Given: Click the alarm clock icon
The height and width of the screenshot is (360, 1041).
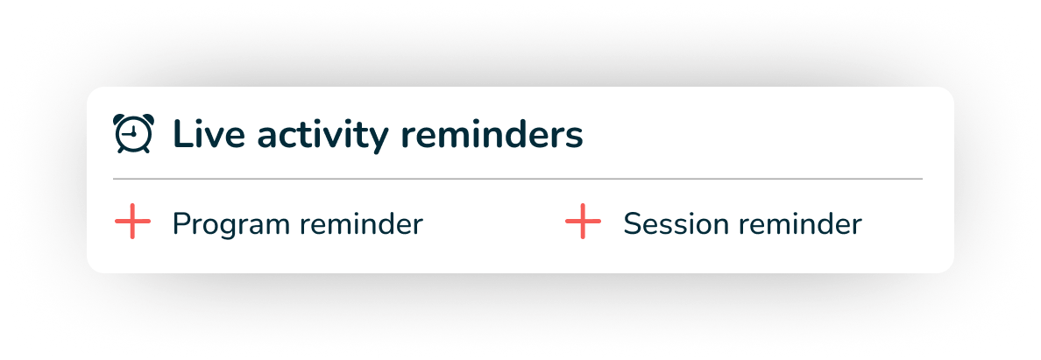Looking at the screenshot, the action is [x=133, y=133].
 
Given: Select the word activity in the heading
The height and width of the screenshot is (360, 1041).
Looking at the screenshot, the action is [x=322, y=137].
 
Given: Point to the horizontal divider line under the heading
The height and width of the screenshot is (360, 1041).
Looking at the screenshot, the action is [x=518, y=179].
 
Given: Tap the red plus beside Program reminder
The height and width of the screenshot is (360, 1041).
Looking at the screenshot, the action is [x=133, y=222].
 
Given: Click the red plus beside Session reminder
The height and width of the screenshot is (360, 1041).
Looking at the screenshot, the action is [x=583, y=222].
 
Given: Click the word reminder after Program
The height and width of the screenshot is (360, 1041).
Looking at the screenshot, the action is [x=361, y=224].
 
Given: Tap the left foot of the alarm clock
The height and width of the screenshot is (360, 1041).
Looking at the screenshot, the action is [x=121, y=150].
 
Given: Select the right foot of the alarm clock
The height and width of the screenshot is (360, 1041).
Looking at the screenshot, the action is [x=146, y=150].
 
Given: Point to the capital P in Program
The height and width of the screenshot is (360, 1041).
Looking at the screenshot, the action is [x=182, y=224].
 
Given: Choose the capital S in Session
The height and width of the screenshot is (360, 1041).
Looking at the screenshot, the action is [x=634, y=224].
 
